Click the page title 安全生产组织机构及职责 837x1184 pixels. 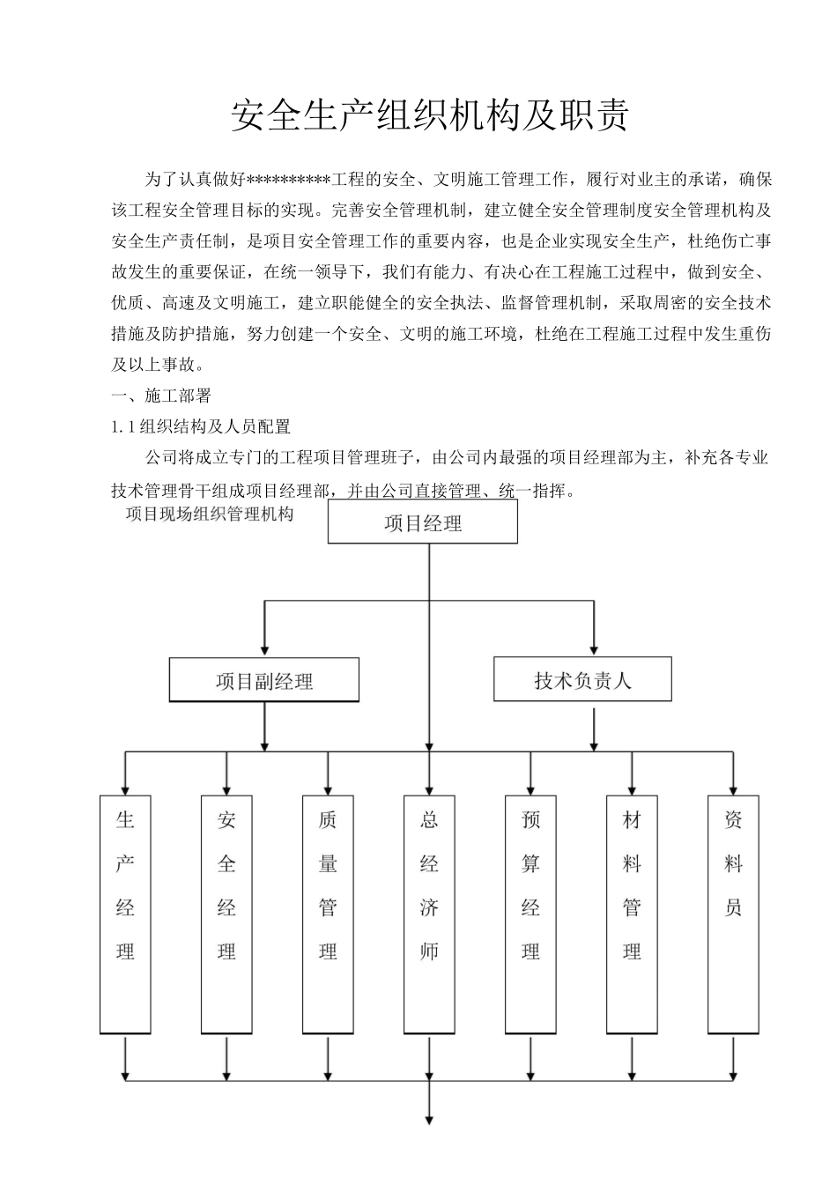429,115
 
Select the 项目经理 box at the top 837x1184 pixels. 423,522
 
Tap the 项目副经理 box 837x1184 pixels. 264,680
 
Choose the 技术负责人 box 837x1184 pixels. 582,679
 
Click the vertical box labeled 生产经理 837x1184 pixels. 125,914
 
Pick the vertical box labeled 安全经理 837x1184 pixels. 226,914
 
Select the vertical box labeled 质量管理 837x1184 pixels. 328,914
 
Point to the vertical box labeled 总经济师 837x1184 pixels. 429,914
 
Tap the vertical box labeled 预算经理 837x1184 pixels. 530,914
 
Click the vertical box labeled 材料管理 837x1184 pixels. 632,914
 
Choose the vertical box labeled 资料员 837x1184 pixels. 733,914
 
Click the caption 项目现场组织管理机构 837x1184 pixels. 210,514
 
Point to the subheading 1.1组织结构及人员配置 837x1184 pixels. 201,426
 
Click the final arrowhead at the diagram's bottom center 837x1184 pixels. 429,1120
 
